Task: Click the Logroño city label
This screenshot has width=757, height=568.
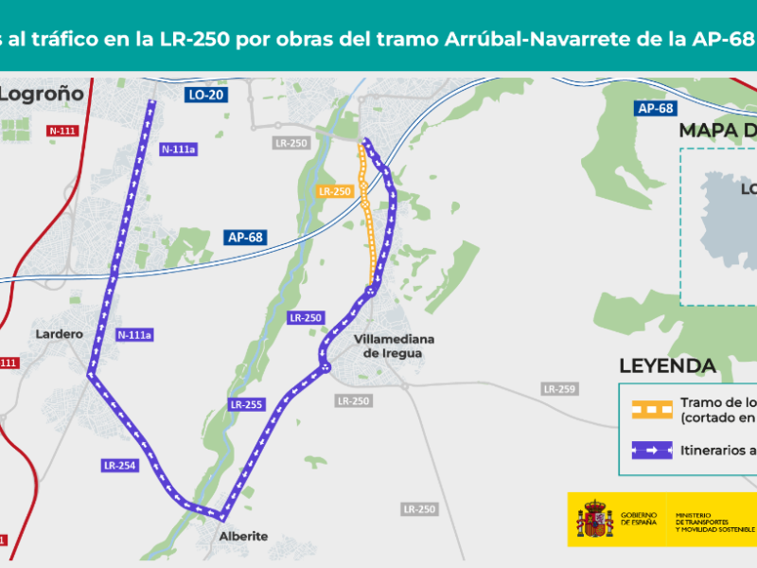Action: point(43,94)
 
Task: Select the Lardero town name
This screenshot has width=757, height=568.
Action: point(59,333)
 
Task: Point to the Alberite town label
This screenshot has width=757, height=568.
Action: point(243,536)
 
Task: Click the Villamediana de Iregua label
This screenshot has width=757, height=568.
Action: point(387,346)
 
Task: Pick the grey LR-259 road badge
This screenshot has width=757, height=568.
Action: point(559,389)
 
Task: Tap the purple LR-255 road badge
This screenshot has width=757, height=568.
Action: point(245,404)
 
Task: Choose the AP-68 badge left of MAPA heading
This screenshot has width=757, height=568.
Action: point(655,109)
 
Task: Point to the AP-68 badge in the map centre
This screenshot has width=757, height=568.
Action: point(245,238)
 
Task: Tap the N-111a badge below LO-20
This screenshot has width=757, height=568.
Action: point(178,148)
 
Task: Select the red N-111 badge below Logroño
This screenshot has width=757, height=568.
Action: point(62,130)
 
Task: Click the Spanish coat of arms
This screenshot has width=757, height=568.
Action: point(595,520)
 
